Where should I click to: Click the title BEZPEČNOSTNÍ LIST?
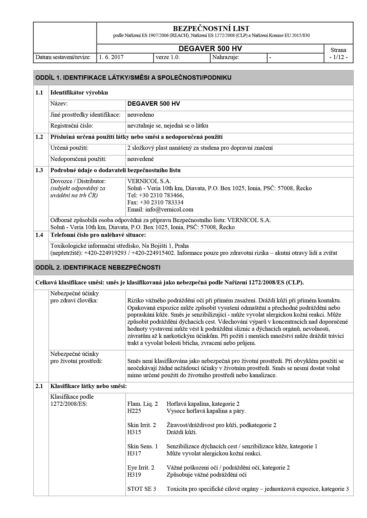pyautogui.click(x=211, y=29)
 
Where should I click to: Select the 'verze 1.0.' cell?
pyautogui.click(x=168, y=57)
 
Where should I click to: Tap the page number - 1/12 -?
pyautogui.click(x=338, y=57)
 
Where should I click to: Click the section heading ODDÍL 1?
pyautogui.click(x=133, y=78)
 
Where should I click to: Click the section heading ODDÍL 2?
pyautogui.click(x=98, y=268)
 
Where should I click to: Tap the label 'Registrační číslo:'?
pyautogui.click(x=72, y=126)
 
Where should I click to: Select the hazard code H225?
pyautogui.click(x=134, y=411)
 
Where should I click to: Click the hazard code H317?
pyautogui.click(x=134, y=453)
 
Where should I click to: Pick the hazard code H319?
pyautogui.click(x=134, y=475)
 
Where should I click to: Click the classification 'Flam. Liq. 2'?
pyautogui.click(x=142, y=404)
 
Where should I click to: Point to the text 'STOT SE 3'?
pyautogui.click(x=141, y=489)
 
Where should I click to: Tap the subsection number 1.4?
pyautogui.click(x=39, y=235)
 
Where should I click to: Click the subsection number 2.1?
pyautogui.click(x=39, y=386)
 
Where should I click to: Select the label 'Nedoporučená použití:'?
pyautogui.click(x=78, y=159)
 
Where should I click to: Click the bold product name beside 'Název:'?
pyautogui.click(x=154, y=104)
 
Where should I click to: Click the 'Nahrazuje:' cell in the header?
pyautogui.click(x=226, y=57)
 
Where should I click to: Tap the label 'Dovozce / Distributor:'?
pyautogui.click(x=78, y=181)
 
